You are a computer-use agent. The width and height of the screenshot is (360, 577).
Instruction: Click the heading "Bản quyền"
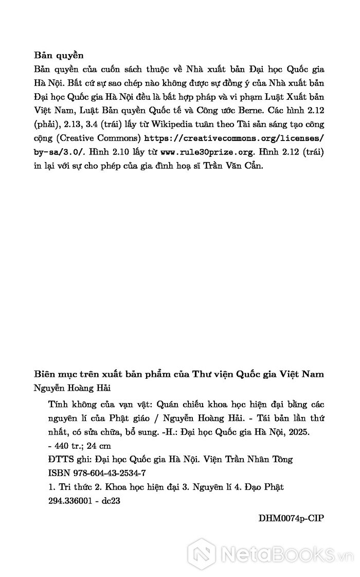(x=59, y=55)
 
